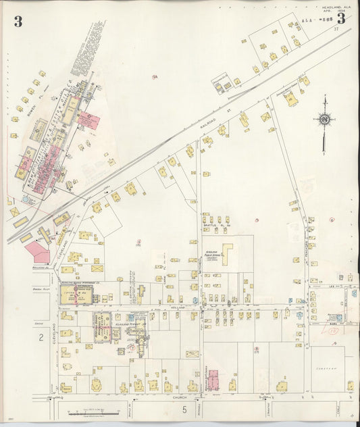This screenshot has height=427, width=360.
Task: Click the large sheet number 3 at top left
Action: click(x=18, y=21)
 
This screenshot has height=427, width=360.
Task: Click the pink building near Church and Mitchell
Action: click(x=213, y=379)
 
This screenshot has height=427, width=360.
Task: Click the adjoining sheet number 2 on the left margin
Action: click(x=41, y=336)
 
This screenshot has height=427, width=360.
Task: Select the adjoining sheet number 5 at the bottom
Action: click(x=183, y=409)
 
